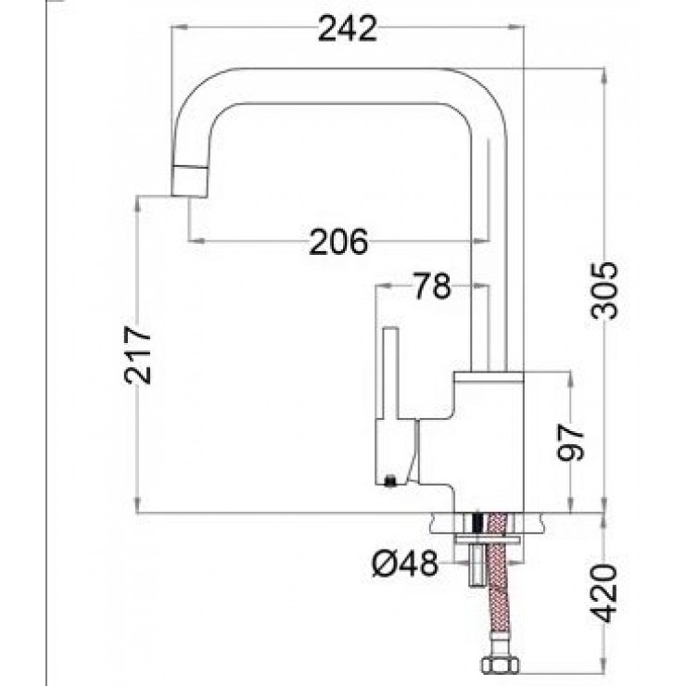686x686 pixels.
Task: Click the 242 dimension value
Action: (x=348, y=30)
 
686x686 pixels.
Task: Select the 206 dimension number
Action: (x=338, y=242)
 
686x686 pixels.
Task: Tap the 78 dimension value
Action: (x=432, y=286)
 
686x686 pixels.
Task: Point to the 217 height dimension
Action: (x=138, y=355)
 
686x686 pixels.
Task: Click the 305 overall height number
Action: (x=604, y=291)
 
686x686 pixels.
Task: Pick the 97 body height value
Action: (x=571, y=442)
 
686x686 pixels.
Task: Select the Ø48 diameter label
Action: (x=405, y=563)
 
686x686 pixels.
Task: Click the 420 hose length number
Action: (x=604, y=592)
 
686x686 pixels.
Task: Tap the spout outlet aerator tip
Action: (x=189, y=181)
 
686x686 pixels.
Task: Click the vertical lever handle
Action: (x=390, y=373)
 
